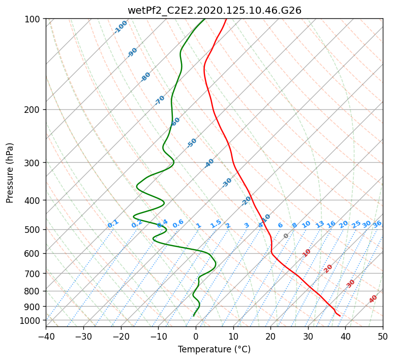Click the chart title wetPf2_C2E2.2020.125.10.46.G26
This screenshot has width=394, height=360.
coord(215,10)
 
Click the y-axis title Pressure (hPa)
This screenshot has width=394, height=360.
coord(10,172)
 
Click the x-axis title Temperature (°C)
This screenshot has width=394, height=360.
coord(214,349)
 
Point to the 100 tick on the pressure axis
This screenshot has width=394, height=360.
coord(33,19)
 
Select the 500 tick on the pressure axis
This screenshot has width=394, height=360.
coord(33,229)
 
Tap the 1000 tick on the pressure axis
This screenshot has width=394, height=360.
coord(31,320)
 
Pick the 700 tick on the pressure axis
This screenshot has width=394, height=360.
coord(33,274)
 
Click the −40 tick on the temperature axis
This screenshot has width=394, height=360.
coord(46,336)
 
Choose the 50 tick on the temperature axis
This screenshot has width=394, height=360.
coord(383,336)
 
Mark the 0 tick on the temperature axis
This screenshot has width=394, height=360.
coord(196,336)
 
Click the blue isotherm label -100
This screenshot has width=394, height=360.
coord(121,26)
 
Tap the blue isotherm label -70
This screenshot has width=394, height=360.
coord(160,100)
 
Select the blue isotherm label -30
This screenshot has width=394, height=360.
coord(227,182)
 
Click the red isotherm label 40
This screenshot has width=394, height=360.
coord(373,299)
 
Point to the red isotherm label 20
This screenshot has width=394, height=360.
coord(328,268)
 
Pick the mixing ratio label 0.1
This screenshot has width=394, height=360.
coord(113,223)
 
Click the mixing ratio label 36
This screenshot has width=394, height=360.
coord(377,224)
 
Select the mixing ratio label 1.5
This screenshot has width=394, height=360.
coord(216,223)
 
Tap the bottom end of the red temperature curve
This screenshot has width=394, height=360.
coord(340,316)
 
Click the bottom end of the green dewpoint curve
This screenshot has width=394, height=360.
coord(193,316)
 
